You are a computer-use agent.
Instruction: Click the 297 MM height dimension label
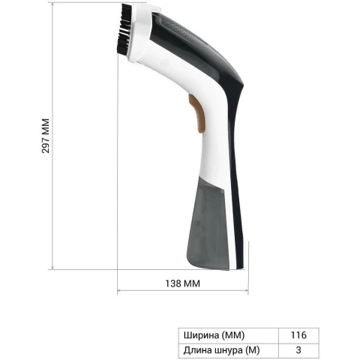46,136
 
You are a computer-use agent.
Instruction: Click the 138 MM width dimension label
183,283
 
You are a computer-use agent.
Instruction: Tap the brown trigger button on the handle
197,113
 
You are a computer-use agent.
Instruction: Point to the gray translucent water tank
208,223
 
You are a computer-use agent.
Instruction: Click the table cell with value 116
298,335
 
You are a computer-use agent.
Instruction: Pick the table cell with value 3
298,350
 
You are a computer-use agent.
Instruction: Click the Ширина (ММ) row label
214,335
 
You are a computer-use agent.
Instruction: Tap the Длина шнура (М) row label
221,350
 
